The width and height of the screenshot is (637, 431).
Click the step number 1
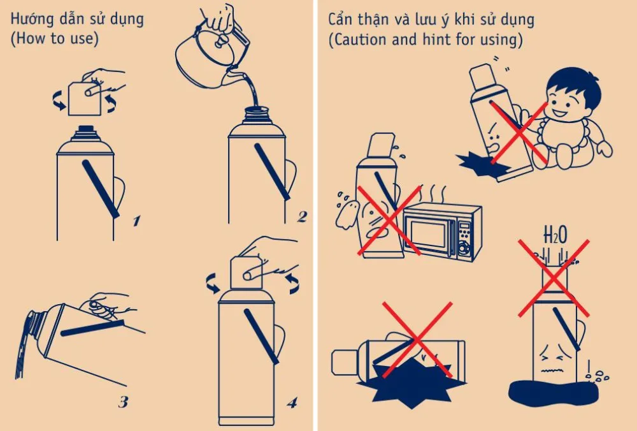pyautogui.click(x=137, y=221)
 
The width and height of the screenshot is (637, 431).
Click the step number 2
pyautogui.click(x=302, y=217)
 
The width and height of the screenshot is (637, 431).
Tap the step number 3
pyautogui.click(x=124, y=402)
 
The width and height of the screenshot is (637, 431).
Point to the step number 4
pyautogui.click(x=292, y=402)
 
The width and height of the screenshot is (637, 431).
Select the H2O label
pyautogui.click(x=555, y=235)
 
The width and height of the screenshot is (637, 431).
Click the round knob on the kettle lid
pyautogui.click(x=222, y=40)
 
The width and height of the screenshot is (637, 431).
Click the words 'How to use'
pyautogui.click(x=54, y=38)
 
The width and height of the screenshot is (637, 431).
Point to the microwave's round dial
pyautogui.click(x=462, y=247)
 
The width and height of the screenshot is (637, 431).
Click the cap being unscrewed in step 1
pyautogui.click(x=84, y=99)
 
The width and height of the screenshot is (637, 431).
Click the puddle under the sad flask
pyautogui.click(x=554, y=393)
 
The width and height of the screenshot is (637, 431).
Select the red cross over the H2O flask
pyautogui.click(x=554, y=278)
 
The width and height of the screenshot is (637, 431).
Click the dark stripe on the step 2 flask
pyautogui.click(x=272, y=172)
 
